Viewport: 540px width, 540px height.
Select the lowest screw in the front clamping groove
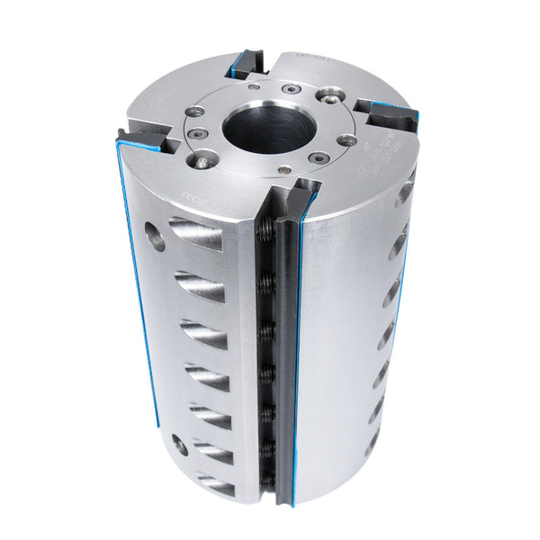pyautogui.click(x=267, y=479)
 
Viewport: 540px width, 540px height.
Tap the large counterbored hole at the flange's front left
pyautogui.click(x=204, y=162)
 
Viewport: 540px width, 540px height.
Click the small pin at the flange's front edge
pyautogui.click(x=284, y=170)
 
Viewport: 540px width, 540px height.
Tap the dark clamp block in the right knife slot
pyautogui.click(x=389, y=114)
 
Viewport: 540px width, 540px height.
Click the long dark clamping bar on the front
pyautogui.click(x=285, y=360)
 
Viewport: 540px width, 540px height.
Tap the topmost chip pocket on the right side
pyautogui.click(x=405, y=191)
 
